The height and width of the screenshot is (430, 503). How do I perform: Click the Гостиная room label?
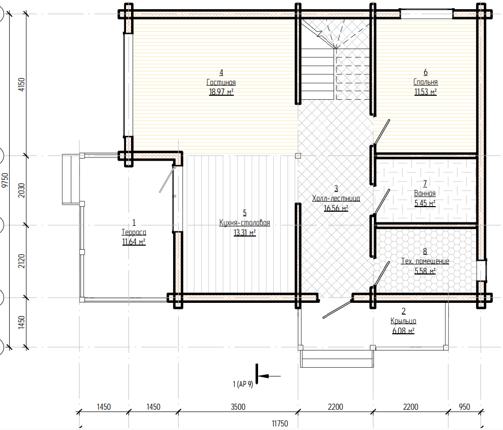221,83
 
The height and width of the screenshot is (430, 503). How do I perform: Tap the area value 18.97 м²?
221,92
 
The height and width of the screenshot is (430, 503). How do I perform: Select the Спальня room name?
426,82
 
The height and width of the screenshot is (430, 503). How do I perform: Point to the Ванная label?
425,193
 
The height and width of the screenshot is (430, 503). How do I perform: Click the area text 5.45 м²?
425,203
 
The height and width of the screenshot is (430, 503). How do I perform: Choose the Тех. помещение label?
425,261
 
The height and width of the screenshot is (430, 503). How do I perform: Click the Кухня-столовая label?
244,222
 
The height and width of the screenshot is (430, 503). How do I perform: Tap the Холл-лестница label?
336,199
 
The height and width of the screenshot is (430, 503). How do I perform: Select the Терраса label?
134,232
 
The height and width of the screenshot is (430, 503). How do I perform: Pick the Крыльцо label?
403,321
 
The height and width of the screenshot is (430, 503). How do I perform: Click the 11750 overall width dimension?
280,423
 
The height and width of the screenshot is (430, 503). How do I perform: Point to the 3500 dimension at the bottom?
238,407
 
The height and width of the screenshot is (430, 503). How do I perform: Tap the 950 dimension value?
464,407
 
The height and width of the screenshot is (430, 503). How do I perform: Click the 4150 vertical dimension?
21,85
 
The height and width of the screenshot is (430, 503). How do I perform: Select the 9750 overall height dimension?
5,180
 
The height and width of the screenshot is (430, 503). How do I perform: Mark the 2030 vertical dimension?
21,190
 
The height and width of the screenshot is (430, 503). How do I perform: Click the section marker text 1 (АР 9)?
243,384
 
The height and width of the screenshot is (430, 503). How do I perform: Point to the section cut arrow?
269,376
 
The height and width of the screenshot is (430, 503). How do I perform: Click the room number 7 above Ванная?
425,184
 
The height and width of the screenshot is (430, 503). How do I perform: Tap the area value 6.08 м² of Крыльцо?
403,331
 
